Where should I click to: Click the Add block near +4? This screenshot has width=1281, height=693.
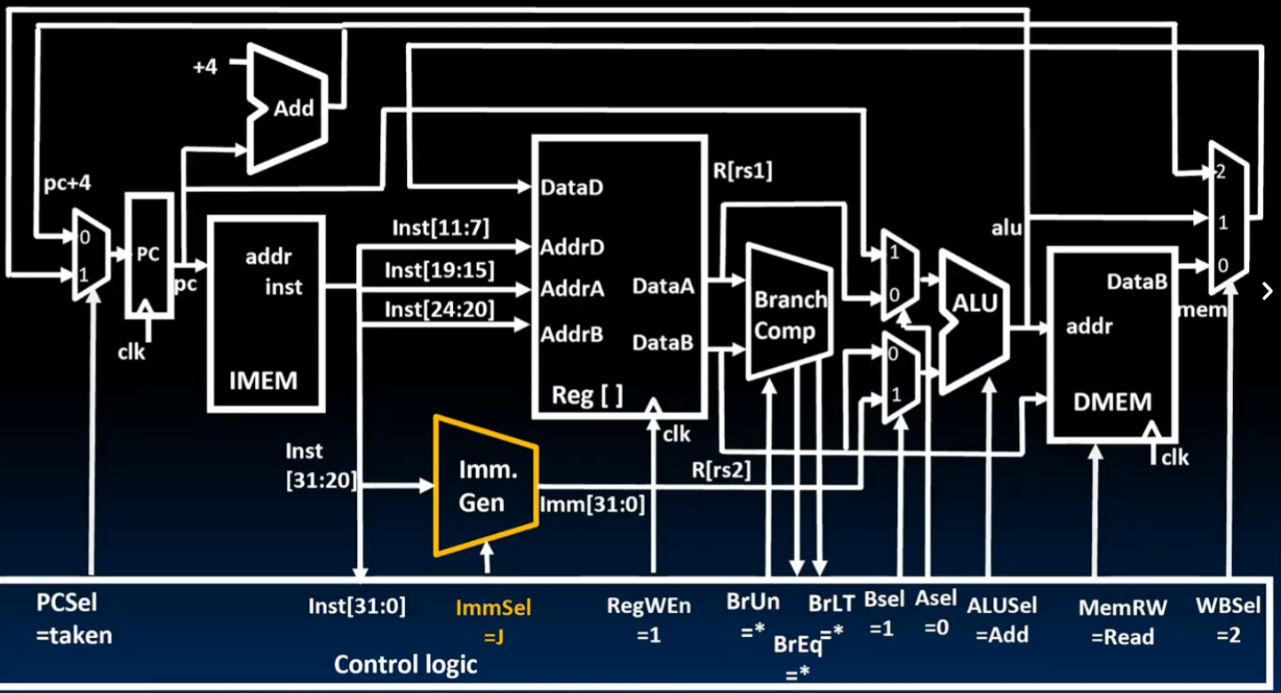coord(292,108)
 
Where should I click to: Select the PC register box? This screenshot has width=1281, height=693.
coord(147,255)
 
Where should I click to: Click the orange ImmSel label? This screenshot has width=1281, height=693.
coord(493,608)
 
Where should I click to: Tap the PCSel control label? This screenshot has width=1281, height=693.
coord(68,604)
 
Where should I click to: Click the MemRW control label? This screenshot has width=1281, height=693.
coord(1117,608)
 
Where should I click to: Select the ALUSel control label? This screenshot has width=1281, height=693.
coord(1002,606)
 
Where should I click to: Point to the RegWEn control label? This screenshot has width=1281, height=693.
coord(648,607)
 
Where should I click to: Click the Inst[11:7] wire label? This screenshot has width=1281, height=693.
coord(441,228)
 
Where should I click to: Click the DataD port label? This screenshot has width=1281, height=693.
coord(573,188)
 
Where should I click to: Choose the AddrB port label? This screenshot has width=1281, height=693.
coord(572,334)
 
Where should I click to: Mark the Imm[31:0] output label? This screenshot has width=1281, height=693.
coord(593,505)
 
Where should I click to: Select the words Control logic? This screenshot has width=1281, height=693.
coord(405,664)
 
